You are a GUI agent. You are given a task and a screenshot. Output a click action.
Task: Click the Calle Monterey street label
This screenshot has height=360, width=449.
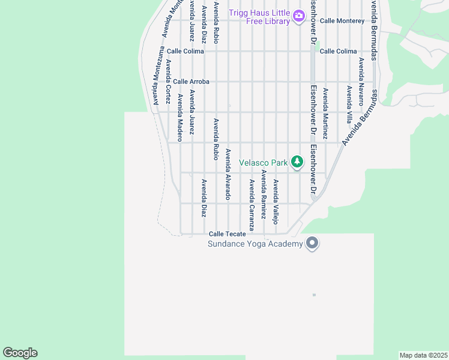coord(342,20)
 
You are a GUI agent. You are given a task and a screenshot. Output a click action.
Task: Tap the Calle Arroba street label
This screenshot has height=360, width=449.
coord(191,82)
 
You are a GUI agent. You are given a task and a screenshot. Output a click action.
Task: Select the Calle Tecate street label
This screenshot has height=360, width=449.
coord(227,234)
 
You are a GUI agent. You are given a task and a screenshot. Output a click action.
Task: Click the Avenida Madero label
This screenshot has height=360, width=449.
coord(179,118)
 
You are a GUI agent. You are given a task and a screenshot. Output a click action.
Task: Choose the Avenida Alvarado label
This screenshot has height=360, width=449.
coord(228,174)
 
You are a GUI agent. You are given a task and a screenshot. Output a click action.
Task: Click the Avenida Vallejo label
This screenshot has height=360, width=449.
coord(276,202)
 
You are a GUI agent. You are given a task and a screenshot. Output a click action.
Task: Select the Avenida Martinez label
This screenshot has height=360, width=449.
coord(325,114)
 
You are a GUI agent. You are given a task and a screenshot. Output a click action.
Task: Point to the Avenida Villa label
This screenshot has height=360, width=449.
coord(349,104)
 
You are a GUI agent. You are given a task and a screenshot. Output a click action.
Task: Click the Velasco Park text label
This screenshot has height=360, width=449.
coord(264,163)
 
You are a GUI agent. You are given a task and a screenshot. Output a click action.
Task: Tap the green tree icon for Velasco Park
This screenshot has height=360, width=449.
coord(297,162)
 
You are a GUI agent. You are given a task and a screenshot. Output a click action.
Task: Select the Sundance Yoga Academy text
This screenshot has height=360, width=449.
coord(255,244)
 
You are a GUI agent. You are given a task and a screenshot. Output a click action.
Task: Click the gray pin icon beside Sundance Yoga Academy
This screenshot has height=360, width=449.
coord(312,243)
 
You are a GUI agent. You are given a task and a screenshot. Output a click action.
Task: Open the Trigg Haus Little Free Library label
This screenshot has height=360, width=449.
coord(259,17)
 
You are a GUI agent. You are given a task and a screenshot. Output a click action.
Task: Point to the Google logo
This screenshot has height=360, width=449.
coord(20,353)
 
